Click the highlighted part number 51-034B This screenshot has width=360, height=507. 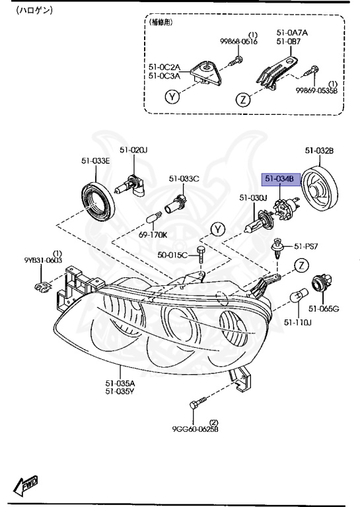pos(280,178)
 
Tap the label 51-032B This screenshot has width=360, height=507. pos(320,151)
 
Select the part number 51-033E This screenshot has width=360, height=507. pos(95,160)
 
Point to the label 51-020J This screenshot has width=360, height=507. pos(133,150)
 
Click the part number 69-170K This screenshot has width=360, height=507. pos(153,235)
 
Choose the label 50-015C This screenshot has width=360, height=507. pos(172,255)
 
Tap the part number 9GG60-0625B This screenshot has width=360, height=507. pos(195,429)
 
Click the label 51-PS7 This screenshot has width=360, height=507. pos(306,246)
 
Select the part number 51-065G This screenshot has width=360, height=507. pos(324,309)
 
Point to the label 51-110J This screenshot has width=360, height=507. pos(297,322)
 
